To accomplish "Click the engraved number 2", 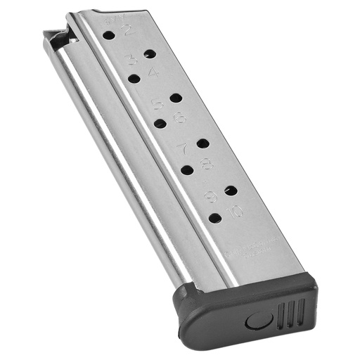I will (128, 30).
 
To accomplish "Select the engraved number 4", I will (153, 72).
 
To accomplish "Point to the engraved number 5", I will (157, 105).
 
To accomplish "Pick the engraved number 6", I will (180, 117).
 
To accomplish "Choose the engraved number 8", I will (207, 164).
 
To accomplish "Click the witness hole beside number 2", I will (108, 34).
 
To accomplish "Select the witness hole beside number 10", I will (215, 219).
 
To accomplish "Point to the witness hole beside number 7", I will (203, 143).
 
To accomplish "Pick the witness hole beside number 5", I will (176, 98).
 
